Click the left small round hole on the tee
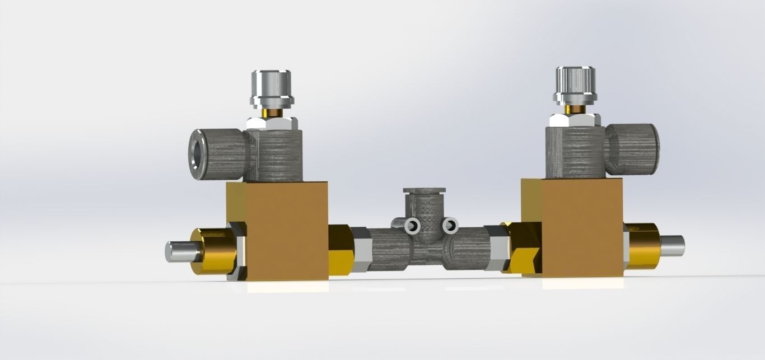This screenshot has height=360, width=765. click(x=413, y=226)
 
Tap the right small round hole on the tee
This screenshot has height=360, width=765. click(x=449, y=225)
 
